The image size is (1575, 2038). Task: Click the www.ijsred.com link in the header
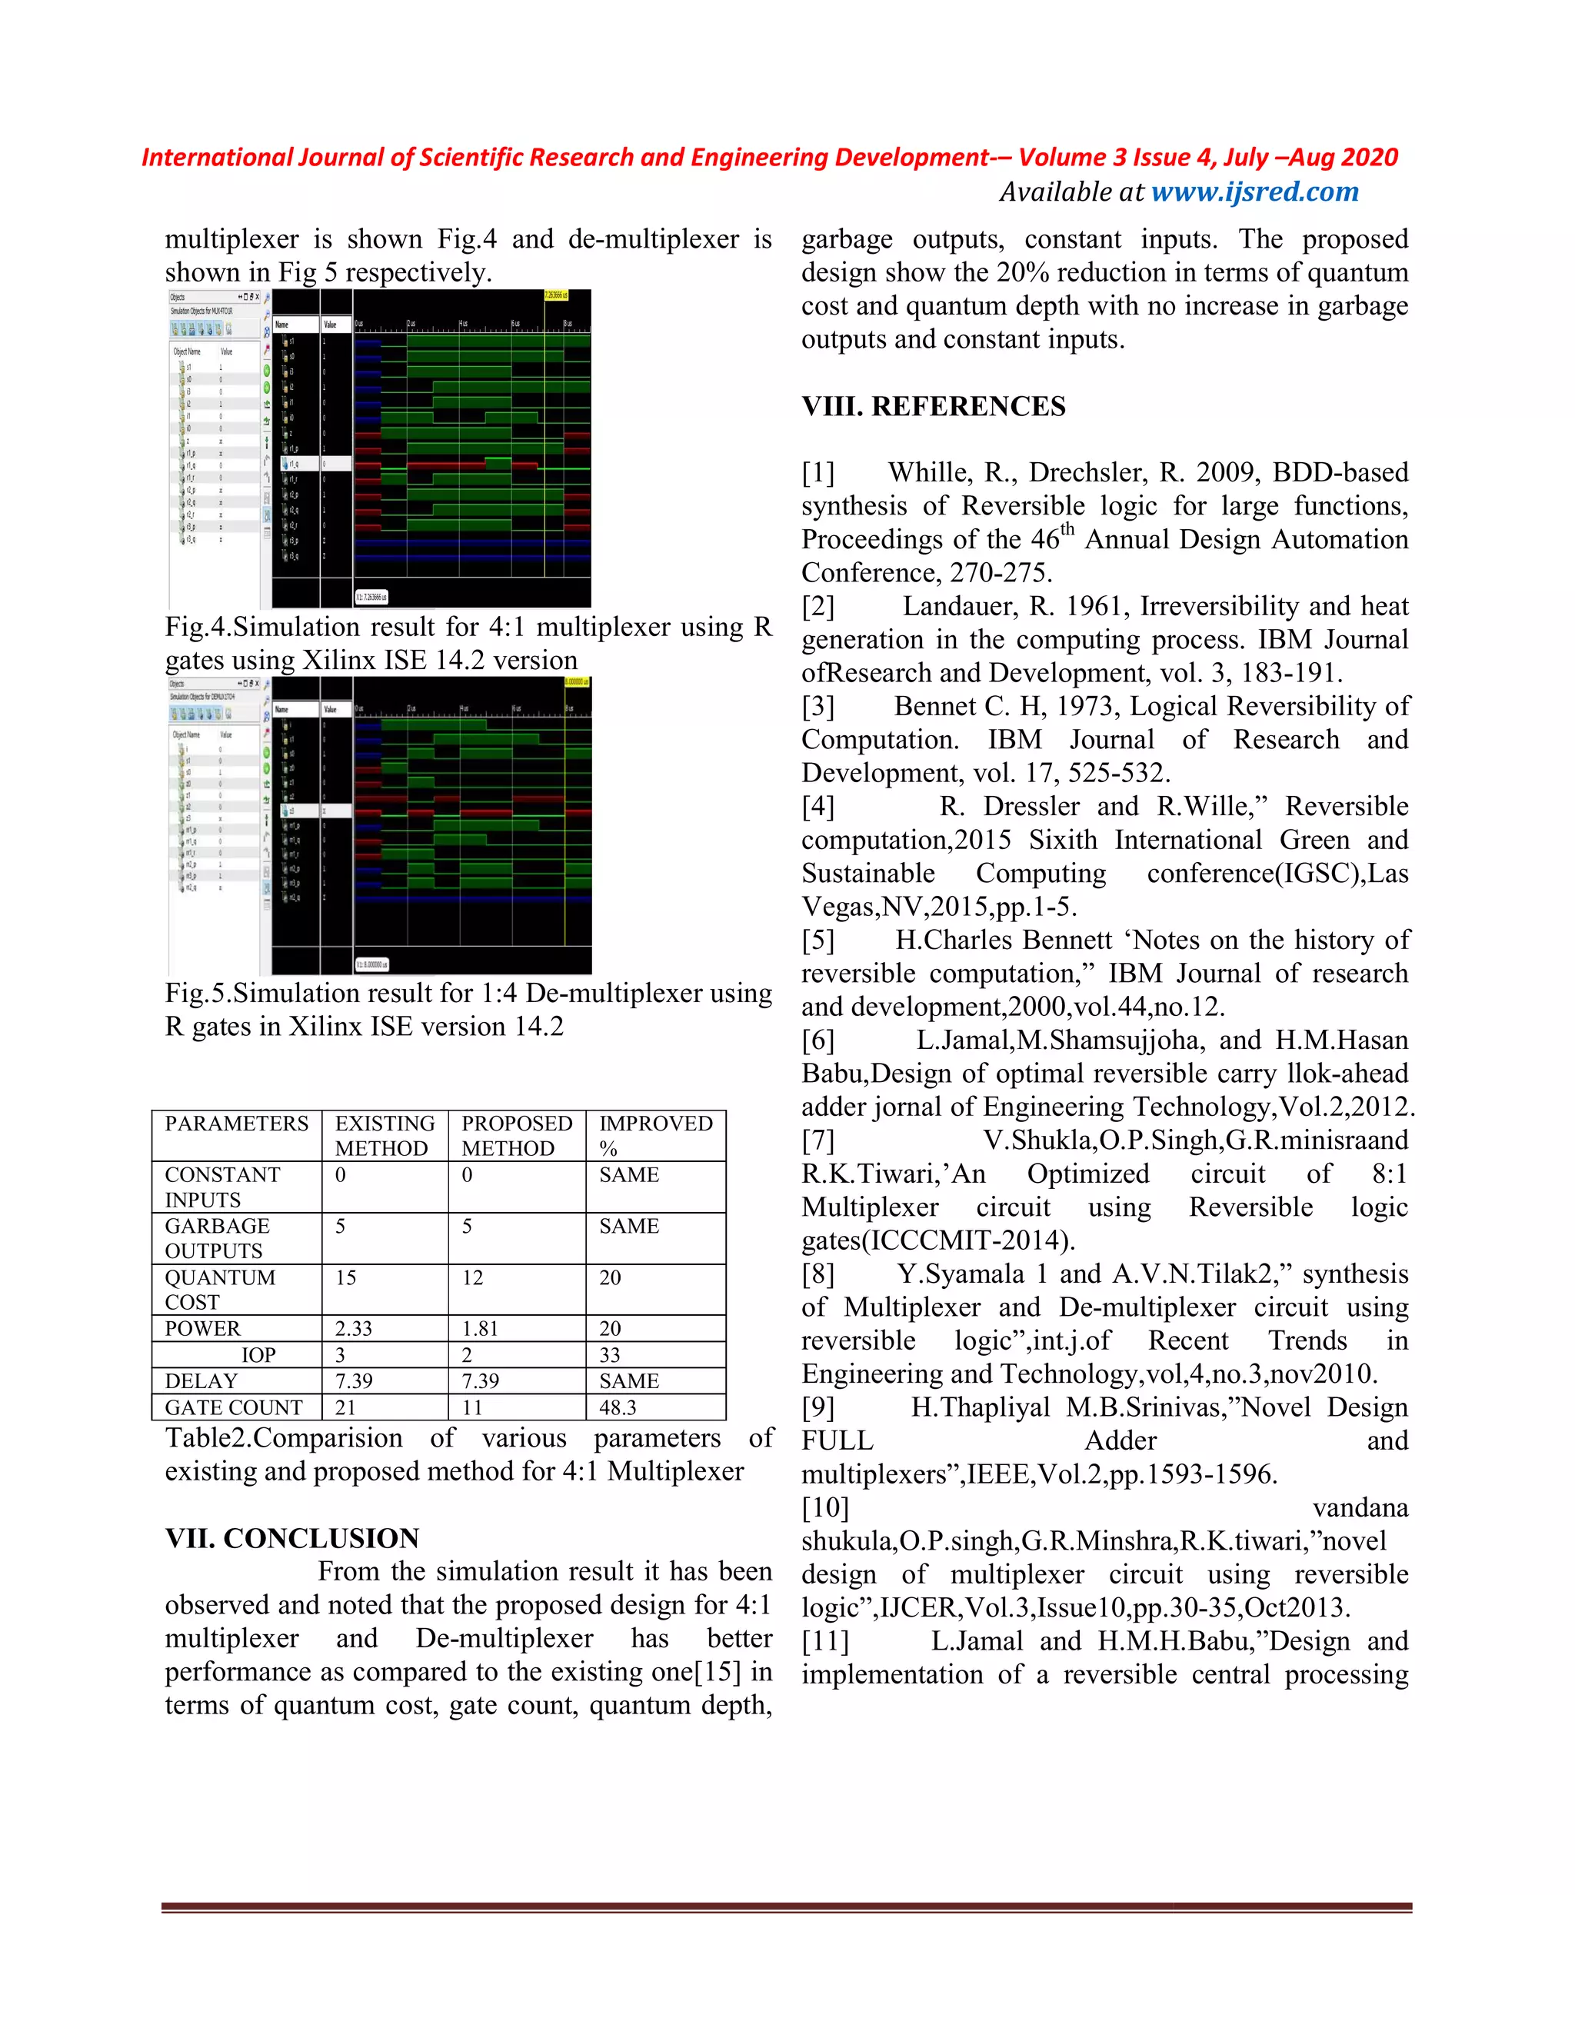[1254, 191]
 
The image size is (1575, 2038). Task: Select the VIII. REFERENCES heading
[933, 406]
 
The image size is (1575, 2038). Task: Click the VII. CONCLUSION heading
[292, 1538]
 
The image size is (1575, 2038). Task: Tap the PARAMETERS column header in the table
[236, 1124]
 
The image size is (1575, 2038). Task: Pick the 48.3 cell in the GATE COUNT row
[618, 1407]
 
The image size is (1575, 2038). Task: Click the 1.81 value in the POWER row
[481, 1329]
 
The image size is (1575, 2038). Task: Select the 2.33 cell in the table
[354, 1329]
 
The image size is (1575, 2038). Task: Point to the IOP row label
[258, 1355]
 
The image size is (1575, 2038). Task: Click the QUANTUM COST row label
[220, 1290]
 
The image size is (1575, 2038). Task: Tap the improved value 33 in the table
[610, 1355]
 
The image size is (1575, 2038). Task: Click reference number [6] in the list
[818, 1041]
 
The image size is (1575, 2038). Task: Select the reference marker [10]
[825, 1508]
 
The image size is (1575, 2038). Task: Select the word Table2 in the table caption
[208, 1438]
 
